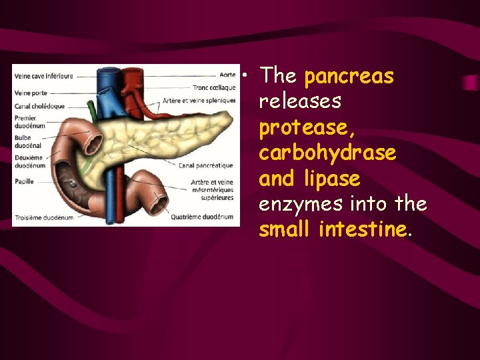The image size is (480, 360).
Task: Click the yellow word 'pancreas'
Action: coord(349,77)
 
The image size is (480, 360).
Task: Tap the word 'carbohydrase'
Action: coord(327,153)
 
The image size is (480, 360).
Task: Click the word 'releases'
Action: coord(300,102)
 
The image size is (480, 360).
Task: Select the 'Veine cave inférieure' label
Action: coord(43,76)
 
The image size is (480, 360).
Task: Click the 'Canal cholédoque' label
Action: coord(39,105)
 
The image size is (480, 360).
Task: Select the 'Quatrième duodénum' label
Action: coord(202,216)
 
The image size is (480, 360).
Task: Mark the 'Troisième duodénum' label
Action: coord(45,217)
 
